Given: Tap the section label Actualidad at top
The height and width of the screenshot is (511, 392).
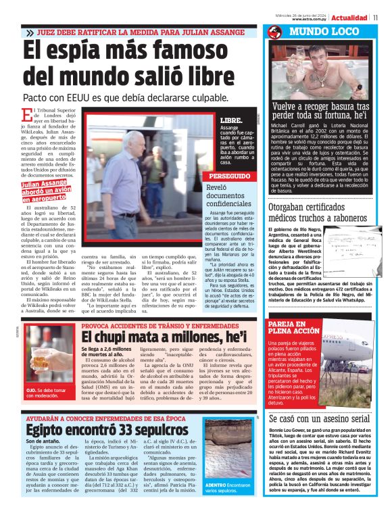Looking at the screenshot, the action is [349, 18].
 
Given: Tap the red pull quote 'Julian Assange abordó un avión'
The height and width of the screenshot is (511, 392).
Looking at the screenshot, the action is [47, 191].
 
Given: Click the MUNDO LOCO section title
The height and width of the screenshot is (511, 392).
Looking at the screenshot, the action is [323, 32].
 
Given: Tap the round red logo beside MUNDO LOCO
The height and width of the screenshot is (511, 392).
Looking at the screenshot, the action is [274, 32].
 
